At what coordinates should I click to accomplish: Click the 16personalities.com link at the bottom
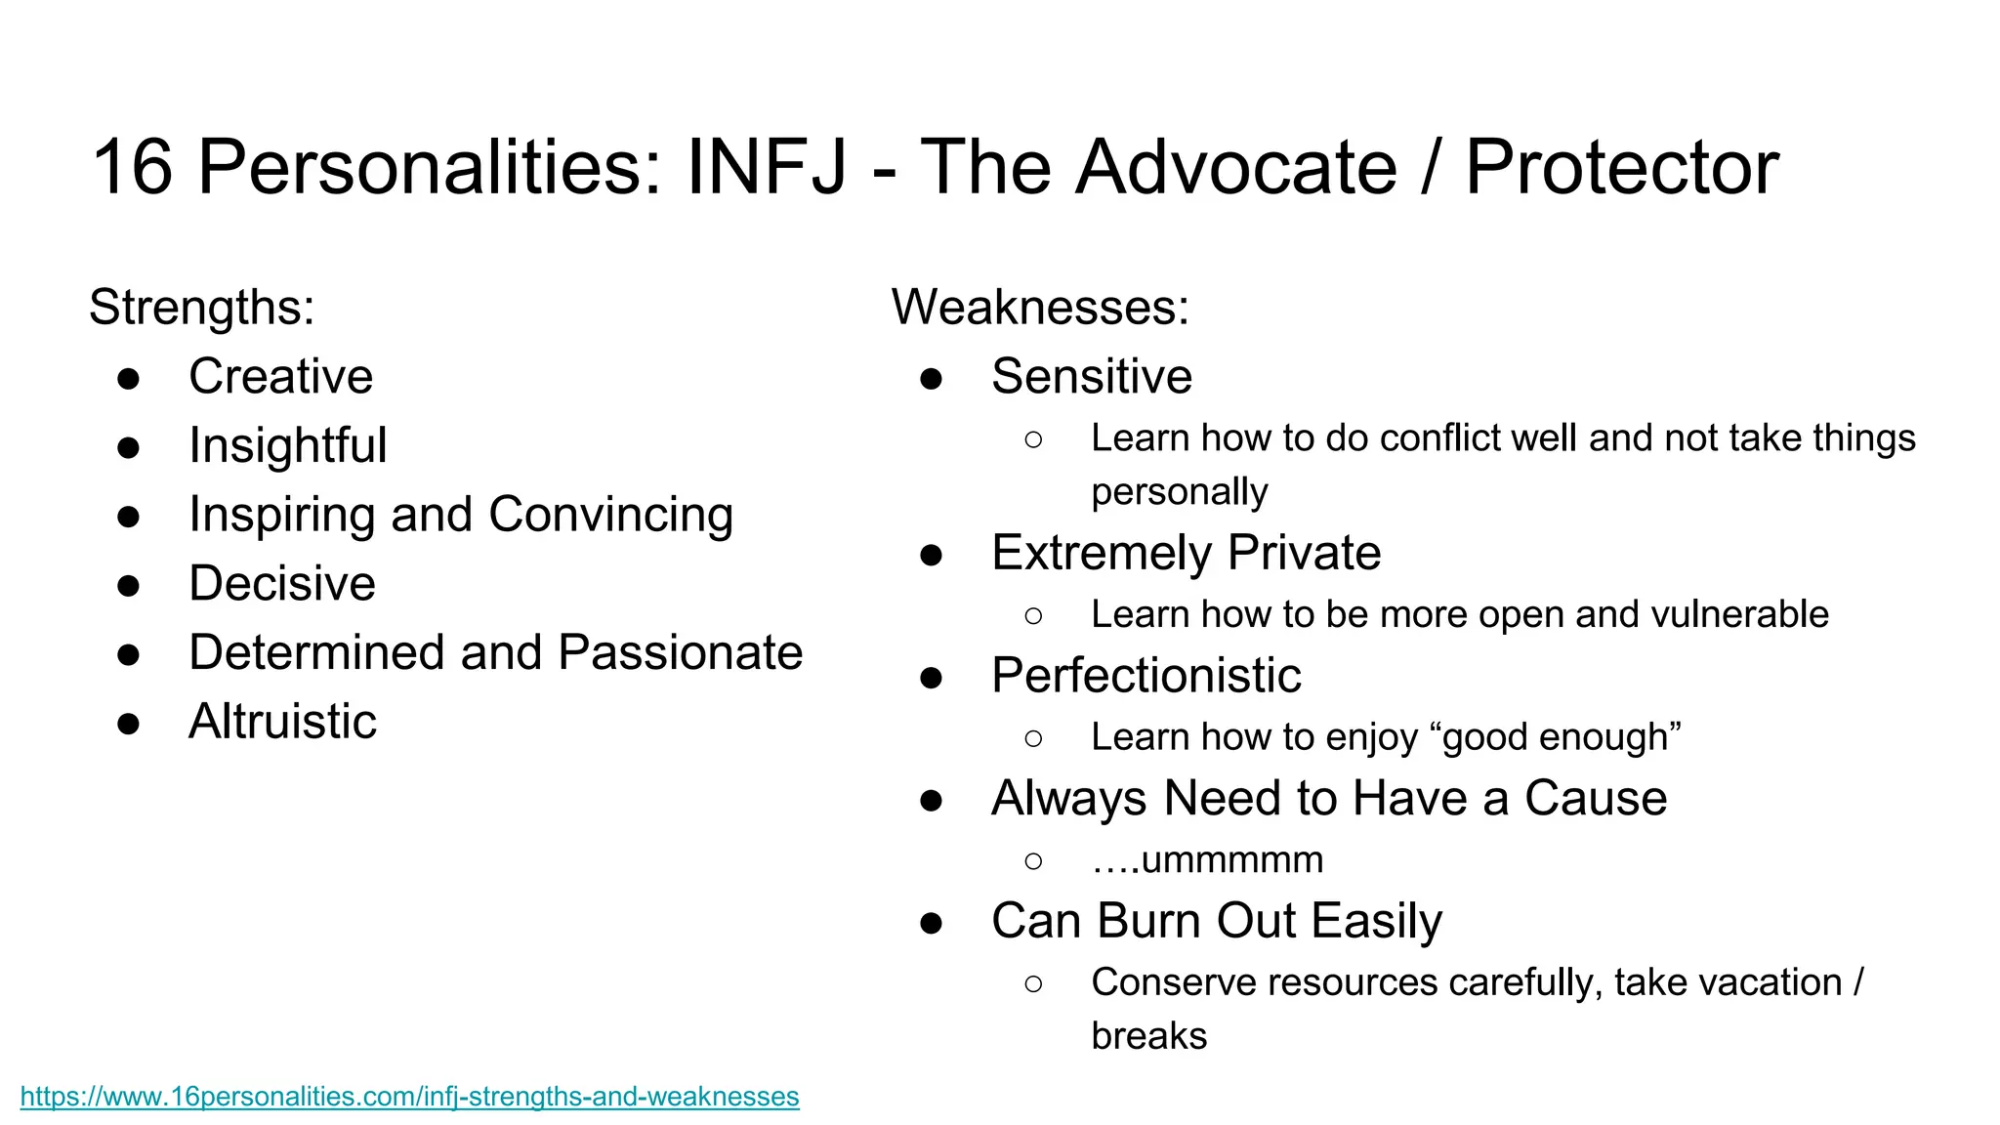point(409,1097)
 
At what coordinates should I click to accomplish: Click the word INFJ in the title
point(767,167)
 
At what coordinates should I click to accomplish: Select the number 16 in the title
point(132,167)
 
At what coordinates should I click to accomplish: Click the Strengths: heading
point(201,308)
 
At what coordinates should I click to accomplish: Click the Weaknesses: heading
point(1040,308)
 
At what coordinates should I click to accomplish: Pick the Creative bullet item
point(280,377)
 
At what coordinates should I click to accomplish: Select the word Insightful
point(287,446)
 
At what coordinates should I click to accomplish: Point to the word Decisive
point(282,584)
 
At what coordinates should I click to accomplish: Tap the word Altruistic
point(282,722)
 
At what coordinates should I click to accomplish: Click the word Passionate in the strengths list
point(680,652)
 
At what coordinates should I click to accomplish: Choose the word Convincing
point(610,515)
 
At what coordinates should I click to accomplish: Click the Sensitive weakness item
point(1091,377)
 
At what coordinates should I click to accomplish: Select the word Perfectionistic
point(1146,676)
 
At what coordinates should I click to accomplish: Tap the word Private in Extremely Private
point(1304,554)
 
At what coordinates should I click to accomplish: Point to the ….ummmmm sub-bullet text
point(1207,860)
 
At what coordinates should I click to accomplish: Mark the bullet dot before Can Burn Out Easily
point(931,923)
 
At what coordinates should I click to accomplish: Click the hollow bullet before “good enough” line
point(1033,739)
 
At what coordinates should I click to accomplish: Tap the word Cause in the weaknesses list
point(1595,799)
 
